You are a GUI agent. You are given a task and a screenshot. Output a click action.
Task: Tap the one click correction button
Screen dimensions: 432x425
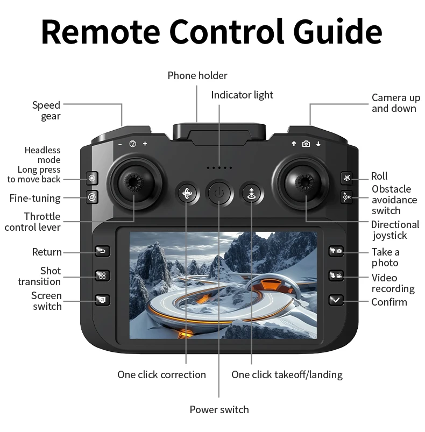[187, 194]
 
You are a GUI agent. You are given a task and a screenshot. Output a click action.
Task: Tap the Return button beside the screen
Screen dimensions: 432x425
[102, 251]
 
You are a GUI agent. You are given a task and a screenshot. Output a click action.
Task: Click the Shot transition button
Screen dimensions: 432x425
[102, 275]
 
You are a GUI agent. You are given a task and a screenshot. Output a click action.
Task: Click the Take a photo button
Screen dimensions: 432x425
[336, 251]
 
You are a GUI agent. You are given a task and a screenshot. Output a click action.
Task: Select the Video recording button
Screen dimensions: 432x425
[336, 276]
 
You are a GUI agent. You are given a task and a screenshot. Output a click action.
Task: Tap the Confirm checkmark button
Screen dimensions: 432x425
[336, 300]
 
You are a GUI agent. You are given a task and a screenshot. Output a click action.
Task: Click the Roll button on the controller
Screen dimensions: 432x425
[346, 178]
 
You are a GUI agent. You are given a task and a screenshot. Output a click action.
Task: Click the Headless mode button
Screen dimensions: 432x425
[93, 178]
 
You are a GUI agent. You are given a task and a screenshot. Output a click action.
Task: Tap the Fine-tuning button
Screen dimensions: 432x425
[93, 197]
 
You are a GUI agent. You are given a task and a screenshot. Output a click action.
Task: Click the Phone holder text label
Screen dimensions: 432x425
[197, 75]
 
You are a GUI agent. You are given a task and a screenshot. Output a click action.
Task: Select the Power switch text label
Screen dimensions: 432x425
[219, 410]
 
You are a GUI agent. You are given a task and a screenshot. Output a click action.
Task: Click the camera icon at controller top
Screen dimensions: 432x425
[306, 144]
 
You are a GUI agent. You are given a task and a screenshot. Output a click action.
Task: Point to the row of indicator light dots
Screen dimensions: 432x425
[219, 168]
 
